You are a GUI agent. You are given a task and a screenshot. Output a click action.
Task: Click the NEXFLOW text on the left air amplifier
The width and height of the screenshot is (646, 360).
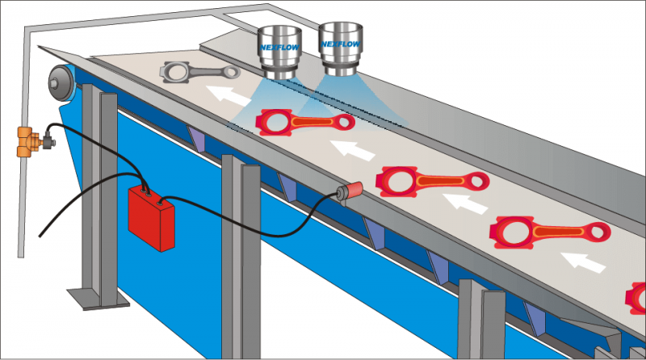click(x=279, y=47)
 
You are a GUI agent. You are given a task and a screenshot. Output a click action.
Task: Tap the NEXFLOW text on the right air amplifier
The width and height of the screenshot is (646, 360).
click(x=341, y=44)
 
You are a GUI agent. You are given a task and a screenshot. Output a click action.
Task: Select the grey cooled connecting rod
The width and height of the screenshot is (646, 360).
click(x=199, y=72)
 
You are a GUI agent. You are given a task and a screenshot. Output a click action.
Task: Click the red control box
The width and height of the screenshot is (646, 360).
click(x=152, y=218)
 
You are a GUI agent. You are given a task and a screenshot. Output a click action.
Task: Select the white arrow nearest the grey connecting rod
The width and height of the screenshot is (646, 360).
click(x=229, y=95)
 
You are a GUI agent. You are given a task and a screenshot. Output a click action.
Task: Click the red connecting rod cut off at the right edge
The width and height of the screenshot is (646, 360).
click(x=636, y=299)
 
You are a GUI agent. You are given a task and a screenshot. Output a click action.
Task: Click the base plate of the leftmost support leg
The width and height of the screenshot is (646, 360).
click(x=99, y=299)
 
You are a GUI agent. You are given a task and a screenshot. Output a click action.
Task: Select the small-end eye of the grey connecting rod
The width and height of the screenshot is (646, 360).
click(x=233, y=72)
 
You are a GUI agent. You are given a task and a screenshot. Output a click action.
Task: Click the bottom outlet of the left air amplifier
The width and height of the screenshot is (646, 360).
click(x=280, y=73)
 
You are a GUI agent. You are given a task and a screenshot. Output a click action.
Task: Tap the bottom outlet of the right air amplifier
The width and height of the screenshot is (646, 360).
click(x=340, y=71)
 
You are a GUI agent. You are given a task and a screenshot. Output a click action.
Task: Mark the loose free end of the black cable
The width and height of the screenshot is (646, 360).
click(x=40, y=236)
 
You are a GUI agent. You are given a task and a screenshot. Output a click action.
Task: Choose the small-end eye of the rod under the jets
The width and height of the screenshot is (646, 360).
click(x=345, y=122)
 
